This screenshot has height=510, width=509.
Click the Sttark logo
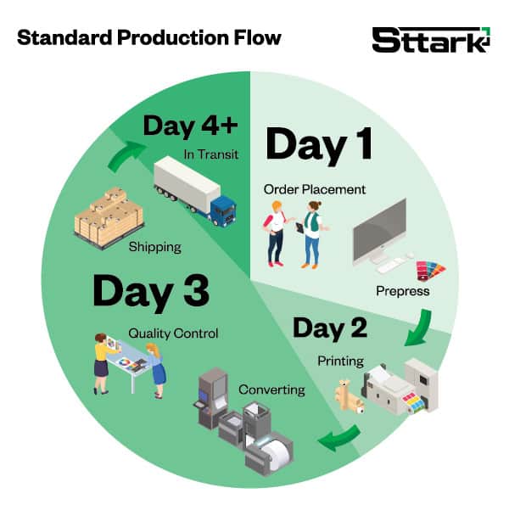pyautogui.click(x=431, y=40)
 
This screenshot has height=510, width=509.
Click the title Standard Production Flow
pyautogui.click(x=149, y=37)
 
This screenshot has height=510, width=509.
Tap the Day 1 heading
pyautogui.click(x=319, y=145)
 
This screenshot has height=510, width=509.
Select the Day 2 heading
pyautogui.click(x=330, y=329)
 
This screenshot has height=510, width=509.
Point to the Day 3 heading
pyautogui.click(x=151, y=292)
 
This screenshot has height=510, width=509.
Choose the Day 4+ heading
pyautogui.click(x=191, y=126)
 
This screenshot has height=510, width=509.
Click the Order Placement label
pyautogui.click(x=315, y=189)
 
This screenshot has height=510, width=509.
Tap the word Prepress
pyautogui.click(x=403, y=291)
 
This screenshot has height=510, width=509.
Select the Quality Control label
pyautogui.click(x=173, y=333)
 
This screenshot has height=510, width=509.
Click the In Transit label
pyautogui.click(x=211, y=154)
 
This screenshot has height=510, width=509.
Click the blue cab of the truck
pyautogui.click(x=223, y=210)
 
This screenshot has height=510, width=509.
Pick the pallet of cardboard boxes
pyautogui.click(x=109, y=217)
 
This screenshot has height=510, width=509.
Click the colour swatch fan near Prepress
pyautogui.click(x=430, y=270)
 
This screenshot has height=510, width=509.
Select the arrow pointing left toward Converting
pyautogui.click(x=340, y=438)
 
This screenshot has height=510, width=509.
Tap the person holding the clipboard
pyautogui.click(x=312, y=234)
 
